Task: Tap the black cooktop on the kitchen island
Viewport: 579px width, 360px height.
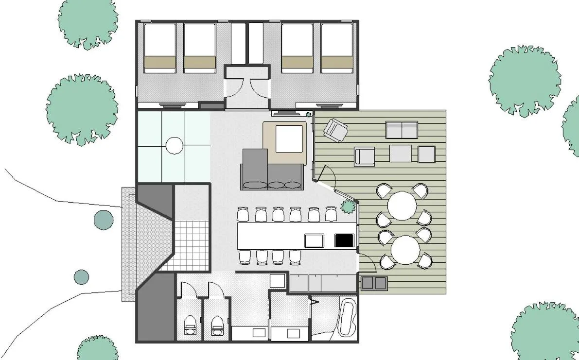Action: pyautogui.click(x=344, y=240)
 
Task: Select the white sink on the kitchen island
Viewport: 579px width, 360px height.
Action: pyautogui.click(x=314, y=240)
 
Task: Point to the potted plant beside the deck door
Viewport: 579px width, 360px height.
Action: pyautogui.click(x=348, y=207)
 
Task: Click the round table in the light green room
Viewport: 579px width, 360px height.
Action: pyautogui.click(x=174, y=145)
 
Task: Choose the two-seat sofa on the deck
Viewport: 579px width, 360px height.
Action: pyautogui.click(x=402, y=130)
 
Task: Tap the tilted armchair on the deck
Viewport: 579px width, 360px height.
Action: pyautogui.click(x=336, y=130)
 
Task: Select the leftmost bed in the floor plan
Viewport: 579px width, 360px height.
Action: pyautogui.click(x=159, y=48)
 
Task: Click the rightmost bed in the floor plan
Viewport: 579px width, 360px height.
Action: pyautogui.click(x=336, y=48)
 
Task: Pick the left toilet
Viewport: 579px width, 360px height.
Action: pyautogui.click(x=189, y=324)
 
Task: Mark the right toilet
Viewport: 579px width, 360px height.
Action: pyautogui.click(x=217, y=324)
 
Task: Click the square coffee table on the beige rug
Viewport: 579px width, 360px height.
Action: pyautogui.click(x=290, y=139)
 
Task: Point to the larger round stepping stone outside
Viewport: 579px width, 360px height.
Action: pyautogui.click(x=103, y=220)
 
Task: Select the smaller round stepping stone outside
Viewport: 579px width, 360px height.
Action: pyautogui.click(x=81, y=277)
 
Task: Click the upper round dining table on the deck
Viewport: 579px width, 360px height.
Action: pyautogui.click(x=403, y=205)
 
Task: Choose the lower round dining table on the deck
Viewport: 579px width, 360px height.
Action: pyautogui.click(x=405, y=250)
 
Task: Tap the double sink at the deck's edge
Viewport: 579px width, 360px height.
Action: pyautogui.click(x=374, y=282)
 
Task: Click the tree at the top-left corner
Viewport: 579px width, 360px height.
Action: pyautogui.click(x=88, y=22)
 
